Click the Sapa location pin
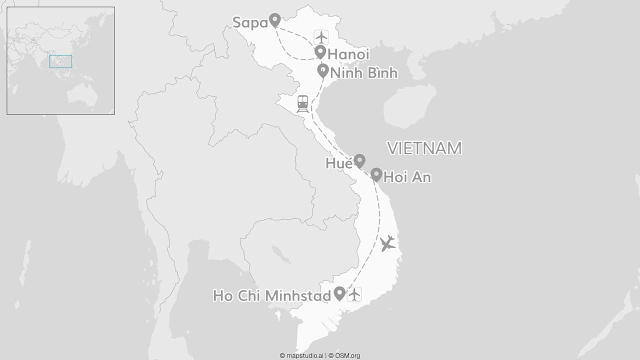pyautogui.click(x=274, y=20)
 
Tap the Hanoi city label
pyautogui.click(x=348, y=54)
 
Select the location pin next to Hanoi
pyautogui.click(x=320, y=51)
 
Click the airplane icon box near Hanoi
pyautogui.click(x=321, y=37)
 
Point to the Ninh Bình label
pyautogui.click(x=364, y=73)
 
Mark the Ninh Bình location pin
pyautogui.click(x=323, y=70)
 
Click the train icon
pyautogui.click(x=302, y=103)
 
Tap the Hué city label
pyautogui.click(x=338, y=163)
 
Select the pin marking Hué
pyautogui.click(x=359, y=161)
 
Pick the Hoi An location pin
pyautogui.click(x=376, y=174)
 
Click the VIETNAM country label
pyautogui.click(x=424, y=148)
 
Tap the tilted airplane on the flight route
pyautogui.click(x=387, y=243)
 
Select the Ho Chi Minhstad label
pyautogui.click(x=272, y=295)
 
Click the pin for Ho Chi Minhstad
pyautogui.click(x=339, y=293)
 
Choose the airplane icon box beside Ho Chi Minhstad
pyautogui.click(x=354, y=294)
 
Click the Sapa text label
pyautogui.click(x=250, y=22)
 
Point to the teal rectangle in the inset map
pyautogui.click(x=60, y=61)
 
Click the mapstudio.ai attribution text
pyautogui.click(x=301, y=356)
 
